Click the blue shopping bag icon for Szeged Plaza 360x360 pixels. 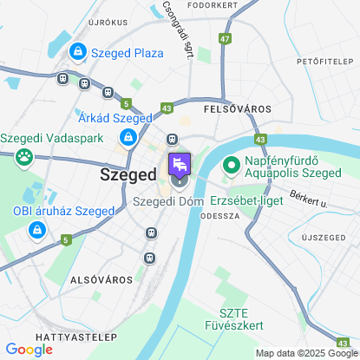[x=79, y=53]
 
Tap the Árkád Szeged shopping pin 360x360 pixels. [x=128, y=137]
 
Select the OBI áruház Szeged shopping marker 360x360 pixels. [x=36, y=230]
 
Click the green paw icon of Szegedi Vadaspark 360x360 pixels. [x=24, y=157]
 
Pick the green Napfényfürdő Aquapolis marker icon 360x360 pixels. [x=232, y=164]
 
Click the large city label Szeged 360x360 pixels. [x=128, y=173]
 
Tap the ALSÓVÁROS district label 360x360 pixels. [x=101, y=280]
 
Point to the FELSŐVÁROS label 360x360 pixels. [x=237, y=109]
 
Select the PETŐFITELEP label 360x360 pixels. [x=326, y=62]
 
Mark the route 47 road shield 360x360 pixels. [x=226, y=39]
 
